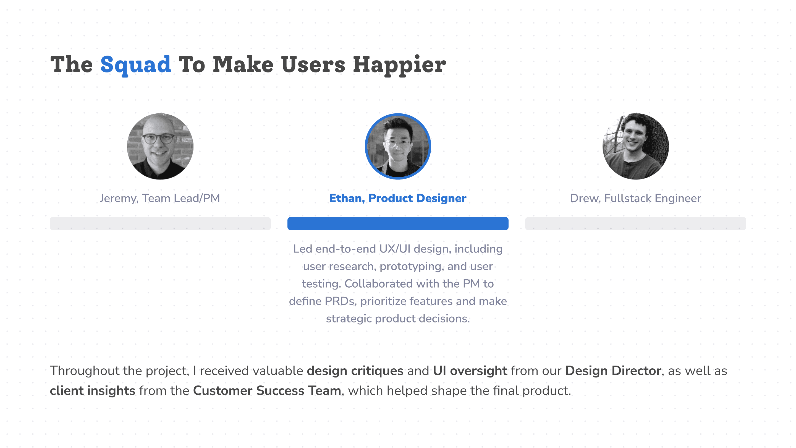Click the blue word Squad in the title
(136, 65)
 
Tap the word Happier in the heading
(400, 65)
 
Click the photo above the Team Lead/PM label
(160, 146)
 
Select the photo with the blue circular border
(398, 146)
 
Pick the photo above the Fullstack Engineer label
(636, 146)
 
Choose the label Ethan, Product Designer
(398, 198)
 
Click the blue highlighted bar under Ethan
(398, 223)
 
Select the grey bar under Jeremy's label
(160, 223)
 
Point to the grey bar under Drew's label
(636, 223)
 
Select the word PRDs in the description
(341, 301)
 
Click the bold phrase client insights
(93, 391)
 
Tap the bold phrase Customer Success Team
(267, 391)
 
